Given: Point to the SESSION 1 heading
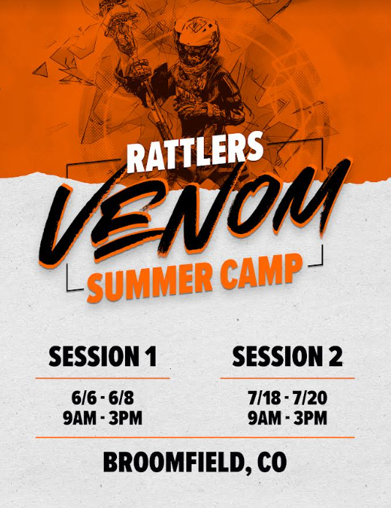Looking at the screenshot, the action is click(103, 357).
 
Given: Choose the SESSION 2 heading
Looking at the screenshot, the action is click(287, 357).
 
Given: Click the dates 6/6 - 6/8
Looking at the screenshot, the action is click(103, 398).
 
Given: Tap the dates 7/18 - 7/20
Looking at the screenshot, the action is click(287, 398).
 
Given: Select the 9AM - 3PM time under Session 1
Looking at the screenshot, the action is click(103, 418).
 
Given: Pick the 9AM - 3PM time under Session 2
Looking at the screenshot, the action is click(287, 418).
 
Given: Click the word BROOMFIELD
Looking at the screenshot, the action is click(172, 463).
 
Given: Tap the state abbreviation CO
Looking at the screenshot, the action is click(272, 462).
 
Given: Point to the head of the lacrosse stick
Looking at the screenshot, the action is click(121, 32).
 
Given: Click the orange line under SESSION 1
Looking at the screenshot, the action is click(103, 378).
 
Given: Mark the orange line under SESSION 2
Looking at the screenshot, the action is click(287, 378).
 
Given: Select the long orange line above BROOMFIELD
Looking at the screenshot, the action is click(195, 437).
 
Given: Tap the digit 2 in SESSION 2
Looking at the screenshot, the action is click(335, 357).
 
